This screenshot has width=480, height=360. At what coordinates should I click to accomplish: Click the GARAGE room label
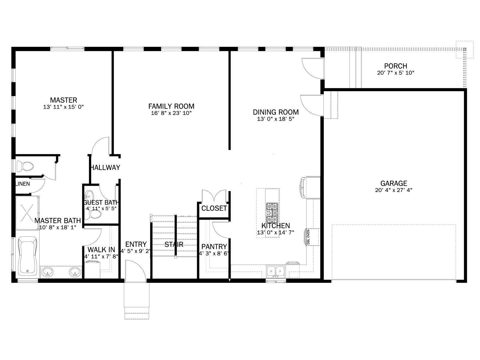click(394, 183)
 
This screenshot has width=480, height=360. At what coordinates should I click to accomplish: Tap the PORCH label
click(396, 66)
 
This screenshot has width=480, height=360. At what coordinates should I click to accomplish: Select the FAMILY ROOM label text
click(171, 106)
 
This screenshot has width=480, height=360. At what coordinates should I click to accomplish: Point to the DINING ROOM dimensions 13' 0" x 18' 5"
click(275, 119)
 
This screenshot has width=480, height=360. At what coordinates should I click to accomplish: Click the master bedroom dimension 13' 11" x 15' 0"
click(63, 107)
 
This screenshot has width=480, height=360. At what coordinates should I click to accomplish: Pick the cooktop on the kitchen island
click(272, 212)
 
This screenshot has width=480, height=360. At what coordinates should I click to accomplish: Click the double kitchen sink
click(275, 271)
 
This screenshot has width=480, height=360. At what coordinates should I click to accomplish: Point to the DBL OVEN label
click(308, 237)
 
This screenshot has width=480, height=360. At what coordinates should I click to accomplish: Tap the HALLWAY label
click(105, 167)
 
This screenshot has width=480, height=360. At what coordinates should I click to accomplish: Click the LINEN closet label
click(23, 184)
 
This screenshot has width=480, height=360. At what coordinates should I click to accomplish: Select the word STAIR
click(174, 244)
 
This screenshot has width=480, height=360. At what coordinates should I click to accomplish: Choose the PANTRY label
click(214, 246)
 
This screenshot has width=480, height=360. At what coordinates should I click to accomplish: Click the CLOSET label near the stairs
click(214, 208)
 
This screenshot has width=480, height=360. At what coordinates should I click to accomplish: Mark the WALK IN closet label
click(101, 249)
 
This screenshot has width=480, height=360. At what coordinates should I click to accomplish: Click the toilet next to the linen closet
click(25, 166)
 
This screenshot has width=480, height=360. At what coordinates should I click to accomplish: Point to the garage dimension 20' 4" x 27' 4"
click(394, 190)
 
